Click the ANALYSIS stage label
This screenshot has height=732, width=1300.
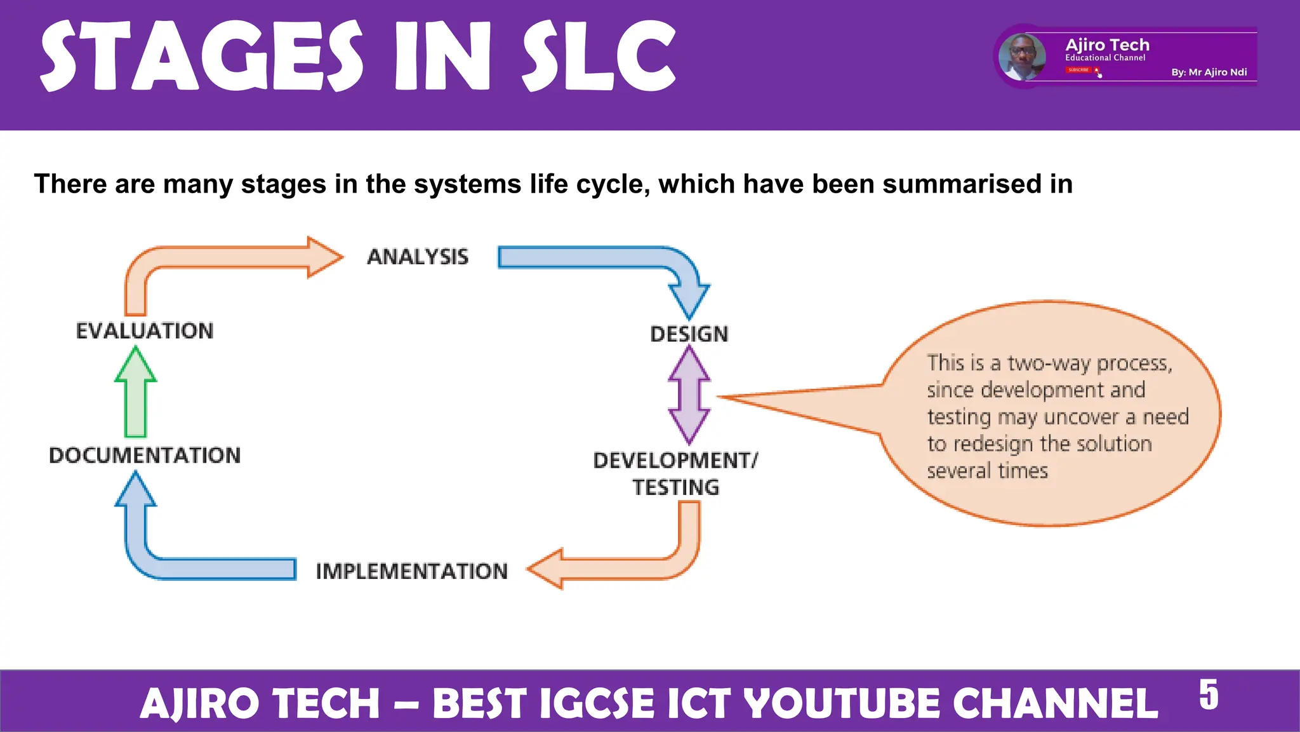coord(418,257)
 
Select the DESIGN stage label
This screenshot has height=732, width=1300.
coord(689,334)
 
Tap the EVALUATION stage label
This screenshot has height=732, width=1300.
coord(145,331)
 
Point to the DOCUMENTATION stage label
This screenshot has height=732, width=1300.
coord(145,456)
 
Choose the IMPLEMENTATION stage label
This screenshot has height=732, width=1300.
coord(412,571)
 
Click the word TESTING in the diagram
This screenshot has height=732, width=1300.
coord(676,487)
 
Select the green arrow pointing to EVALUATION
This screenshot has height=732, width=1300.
coord(136,394)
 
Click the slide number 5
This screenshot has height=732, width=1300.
coord(1209,695)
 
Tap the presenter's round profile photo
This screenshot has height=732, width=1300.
coord(1022,57)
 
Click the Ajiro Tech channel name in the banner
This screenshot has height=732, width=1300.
coord(1107,45)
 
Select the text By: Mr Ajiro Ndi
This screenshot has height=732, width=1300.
coord(1209,72)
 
